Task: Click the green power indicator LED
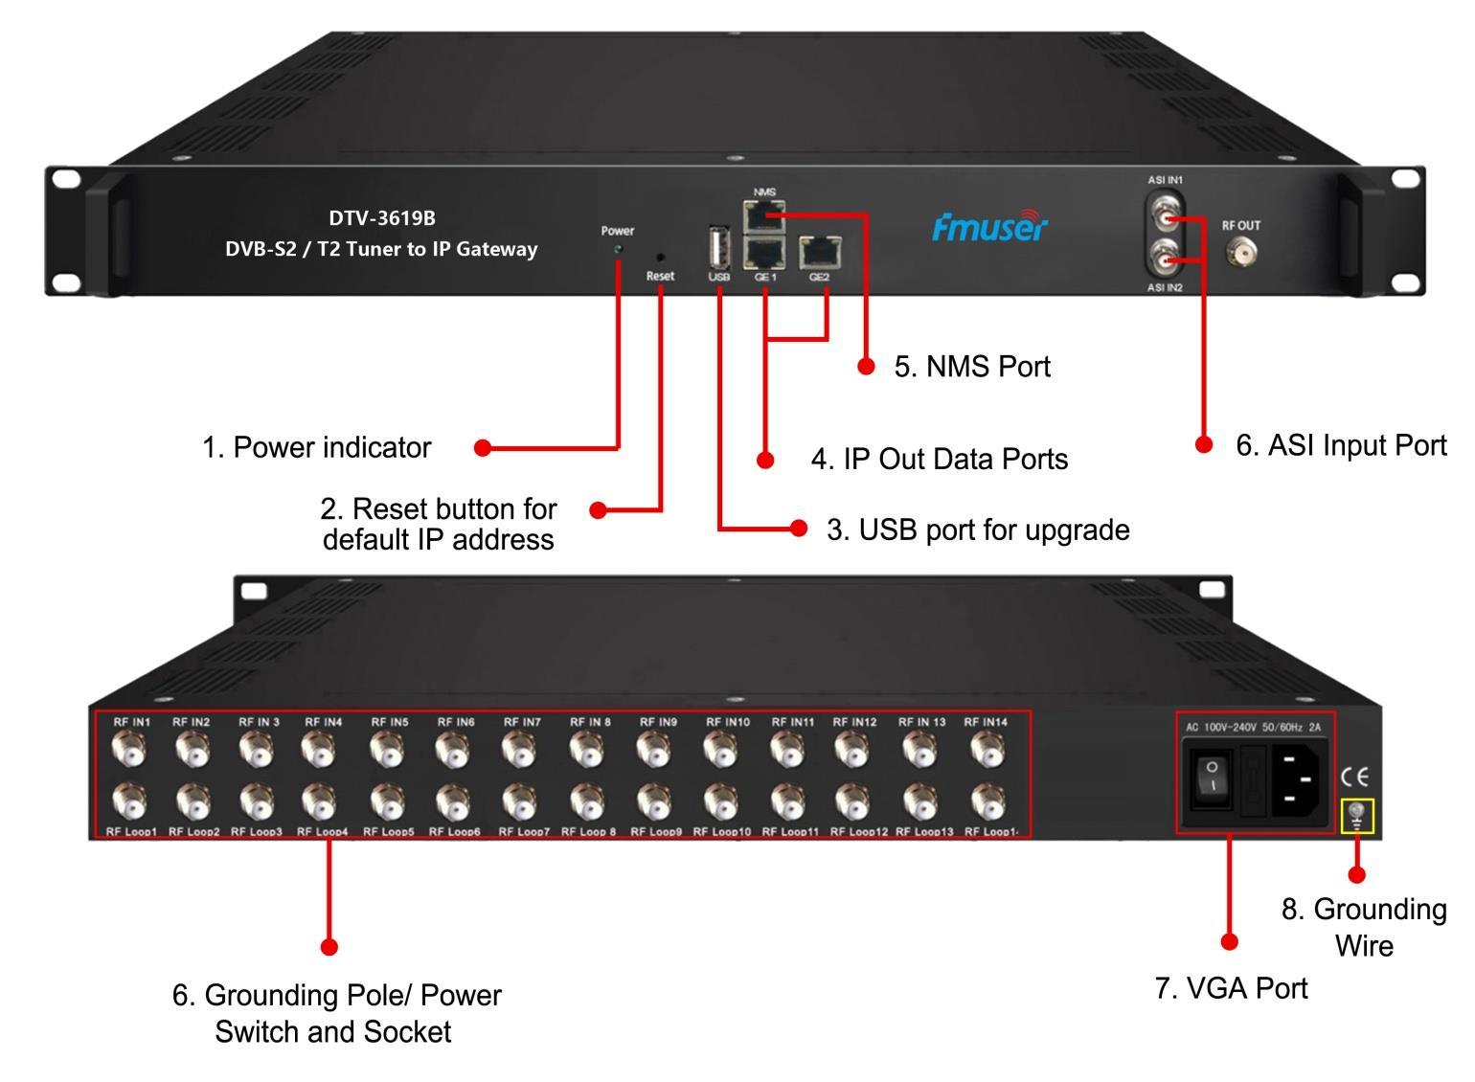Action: pos(618,249)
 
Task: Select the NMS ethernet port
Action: pos(763,216)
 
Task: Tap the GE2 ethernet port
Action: pos(818,253)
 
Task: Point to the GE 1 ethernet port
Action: pos(763,253)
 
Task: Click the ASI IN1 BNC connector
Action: pos(1166,220)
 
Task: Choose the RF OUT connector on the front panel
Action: pos(1241,253)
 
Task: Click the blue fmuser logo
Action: pos(989,226)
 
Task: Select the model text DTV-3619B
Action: pos(381,218)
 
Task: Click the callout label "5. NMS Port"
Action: pos(972,367)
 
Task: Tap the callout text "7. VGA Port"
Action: pos(1231,988)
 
